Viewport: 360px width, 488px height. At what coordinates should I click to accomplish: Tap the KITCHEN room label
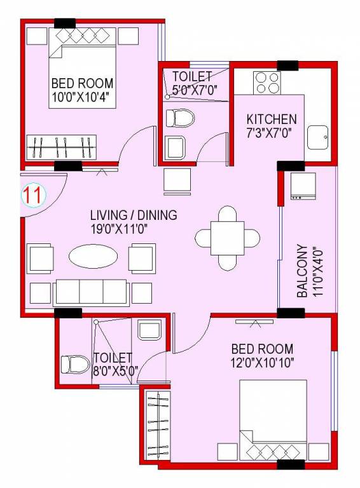point(272,119)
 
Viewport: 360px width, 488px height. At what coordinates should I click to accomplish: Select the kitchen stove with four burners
point(268,83)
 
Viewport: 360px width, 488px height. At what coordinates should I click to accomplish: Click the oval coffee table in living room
point(93,257)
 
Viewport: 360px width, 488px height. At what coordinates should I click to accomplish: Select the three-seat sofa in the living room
point(92,292)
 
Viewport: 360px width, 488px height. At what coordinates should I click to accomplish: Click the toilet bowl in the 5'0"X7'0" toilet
point(179,118)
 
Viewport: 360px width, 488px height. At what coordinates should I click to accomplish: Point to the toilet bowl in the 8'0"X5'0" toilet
point(74,365)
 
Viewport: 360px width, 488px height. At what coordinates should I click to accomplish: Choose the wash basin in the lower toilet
point(150,330)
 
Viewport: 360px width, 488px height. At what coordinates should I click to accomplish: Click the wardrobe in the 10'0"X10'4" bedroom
point(61,147)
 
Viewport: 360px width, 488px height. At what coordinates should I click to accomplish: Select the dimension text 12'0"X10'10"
point(262,363)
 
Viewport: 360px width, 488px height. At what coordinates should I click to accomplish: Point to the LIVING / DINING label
point(134,215)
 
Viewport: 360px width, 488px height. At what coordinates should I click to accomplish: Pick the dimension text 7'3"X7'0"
point(272,133)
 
